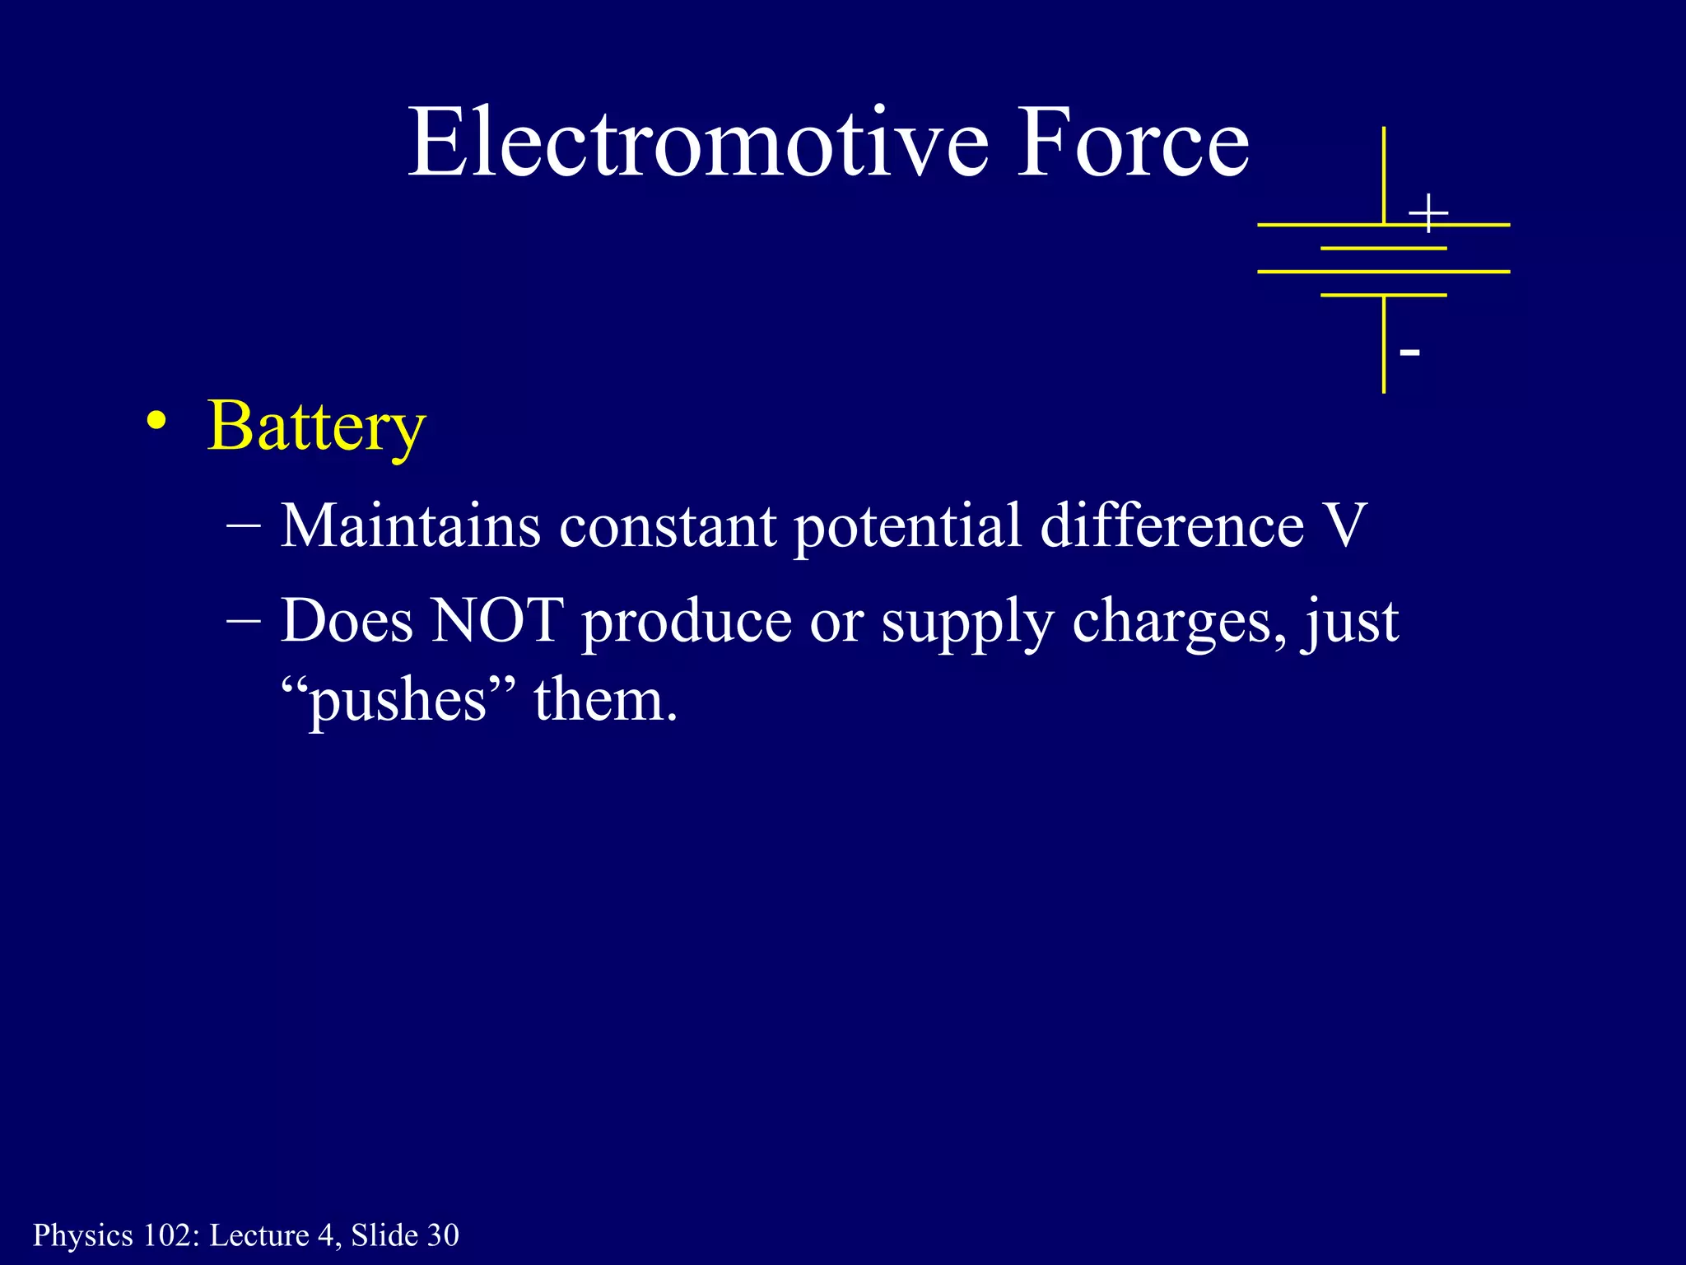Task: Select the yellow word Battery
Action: pos(316,427)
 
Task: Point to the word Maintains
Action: pos(410,525)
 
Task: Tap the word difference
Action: pos(1171,525)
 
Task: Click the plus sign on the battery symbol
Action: pos(1428,213)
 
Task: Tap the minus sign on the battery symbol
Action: pos(1409,352)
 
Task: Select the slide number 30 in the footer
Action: pos(443,1235)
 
